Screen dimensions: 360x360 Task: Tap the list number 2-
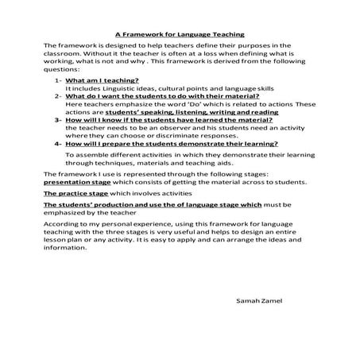59,95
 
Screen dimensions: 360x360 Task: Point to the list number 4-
59,145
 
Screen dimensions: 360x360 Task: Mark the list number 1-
59,81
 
